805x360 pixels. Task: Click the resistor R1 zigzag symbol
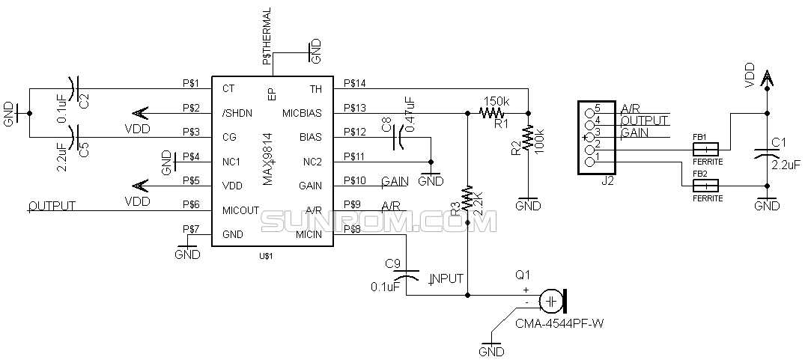click(x=492, y=114)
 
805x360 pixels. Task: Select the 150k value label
click(x=497, y=101)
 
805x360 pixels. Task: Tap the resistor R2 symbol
click(x=529, y=138)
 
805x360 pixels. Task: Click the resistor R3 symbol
click(x=467, y=198)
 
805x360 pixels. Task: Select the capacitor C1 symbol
click(x=766, y=153)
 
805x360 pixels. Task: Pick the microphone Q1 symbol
click(x=553, y=301)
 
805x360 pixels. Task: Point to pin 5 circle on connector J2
click(x=590, y=109)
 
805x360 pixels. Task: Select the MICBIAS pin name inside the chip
click(x=302, y=114)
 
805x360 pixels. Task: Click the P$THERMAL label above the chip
click(x=267, y=36)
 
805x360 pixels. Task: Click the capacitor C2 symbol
click(x=73, y=89)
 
